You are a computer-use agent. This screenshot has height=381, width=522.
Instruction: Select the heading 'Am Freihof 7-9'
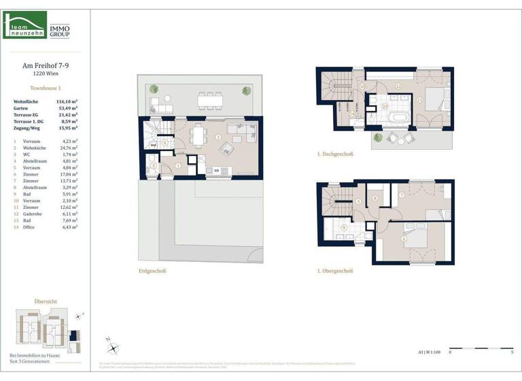click(x=46, y=66)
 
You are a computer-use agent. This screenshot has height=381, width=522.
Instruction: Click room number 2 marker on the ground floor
click(x=217, y=137)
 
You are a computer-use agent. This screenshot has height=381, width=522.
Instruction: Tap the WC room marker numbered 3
click(x=154, y=165)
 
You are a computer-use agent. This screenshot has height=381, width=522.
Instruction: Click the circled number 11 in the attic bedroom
click(x=421, y=100)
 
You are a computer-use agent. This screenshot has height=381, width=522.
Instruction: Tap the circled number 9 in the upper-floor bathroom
click(x=344, y=228)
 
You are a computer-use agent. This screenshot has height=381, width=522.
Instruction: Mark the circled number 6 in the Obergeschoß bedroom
click(x=403, y=239)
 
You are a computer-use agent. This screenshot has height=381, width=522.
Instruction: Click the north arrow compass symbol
click(x=113, y=346)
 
